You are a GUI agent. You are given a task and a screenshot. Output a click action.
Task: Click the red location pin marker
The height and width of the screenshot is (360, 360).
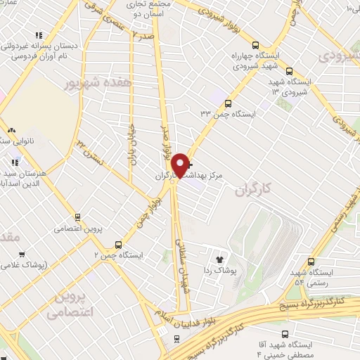click(x=182, y=165)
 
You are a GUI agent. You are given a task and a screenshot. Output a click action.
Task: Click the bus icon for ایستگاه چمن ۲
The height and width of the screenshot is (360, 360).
click(x=117, y=245)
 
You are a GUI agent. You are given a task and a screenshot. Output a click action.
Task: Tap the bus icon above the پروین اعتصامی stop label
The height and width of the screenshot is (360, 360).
click(x=77, y=217)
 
